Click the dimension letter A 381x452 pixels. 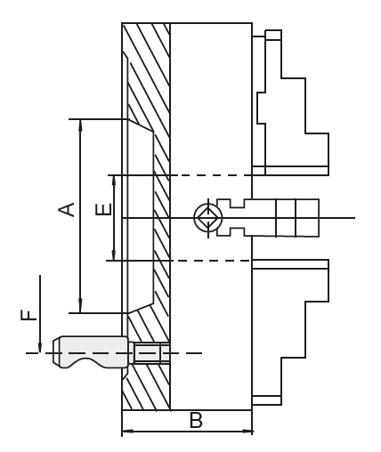67,209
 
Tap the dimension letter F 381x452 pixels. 28,315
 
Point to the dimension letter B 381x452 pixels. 196,420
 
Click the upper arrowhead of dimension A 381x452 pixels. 80,125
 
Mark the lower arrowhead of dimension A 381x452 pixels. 80,307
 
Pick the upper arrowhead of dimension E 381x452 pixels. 114,181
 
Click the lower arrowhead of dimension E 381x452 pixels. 114,254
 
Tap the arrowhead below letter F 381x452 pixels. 39,347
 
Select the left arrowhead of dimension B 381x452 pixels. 128,431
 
